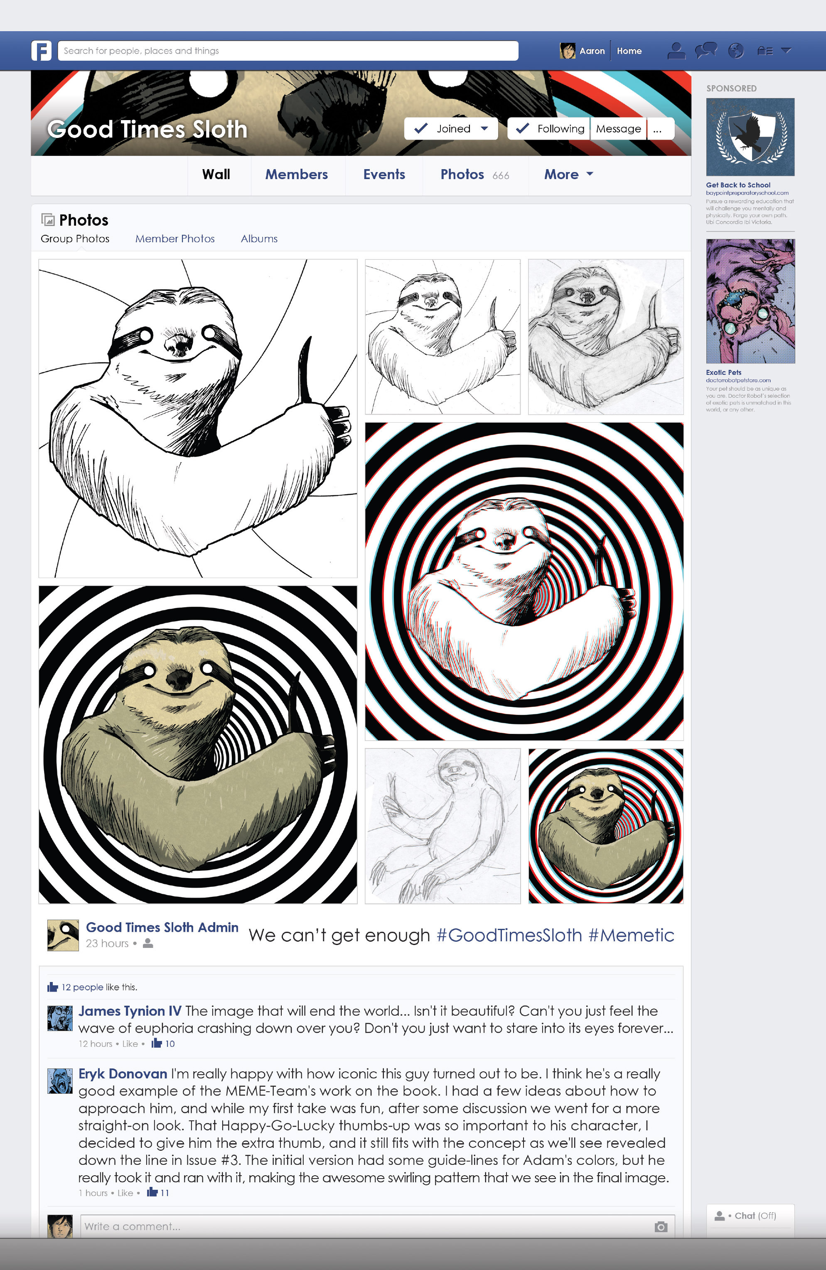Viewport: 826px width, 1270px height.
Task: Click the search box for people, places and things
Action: click(288, 51)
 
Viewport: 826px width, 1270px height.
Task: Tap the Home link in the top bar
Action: click(629, 51)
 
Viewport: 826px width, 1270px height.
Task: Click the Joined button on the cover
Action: click(451, 128)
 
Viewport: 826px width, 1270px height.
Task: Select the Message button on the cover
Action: click(618, 128)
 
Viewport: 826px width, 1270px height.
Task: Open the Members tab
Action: click(296, 175)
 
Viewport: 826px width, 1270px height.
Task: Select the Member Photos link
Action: click(175, 239)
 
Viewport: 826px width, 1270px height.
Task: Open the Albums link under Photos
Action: click(259, 239)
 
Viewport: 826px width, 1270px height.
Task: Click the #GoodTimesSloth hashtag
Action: click(509, 935)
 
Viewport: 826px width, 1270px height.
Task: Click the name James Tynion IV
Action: click(130, 1011)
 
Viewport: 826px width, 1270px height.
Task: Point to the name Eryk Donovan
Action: click(123, 1073)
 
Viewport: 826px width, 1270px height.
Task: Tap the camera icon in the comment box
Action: click(661, 1226)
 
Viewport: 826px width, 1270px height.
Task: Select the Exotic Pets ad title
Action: click(723, 372)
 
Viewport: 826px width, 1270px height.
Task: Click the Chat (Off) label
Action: click(755, 1216)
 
